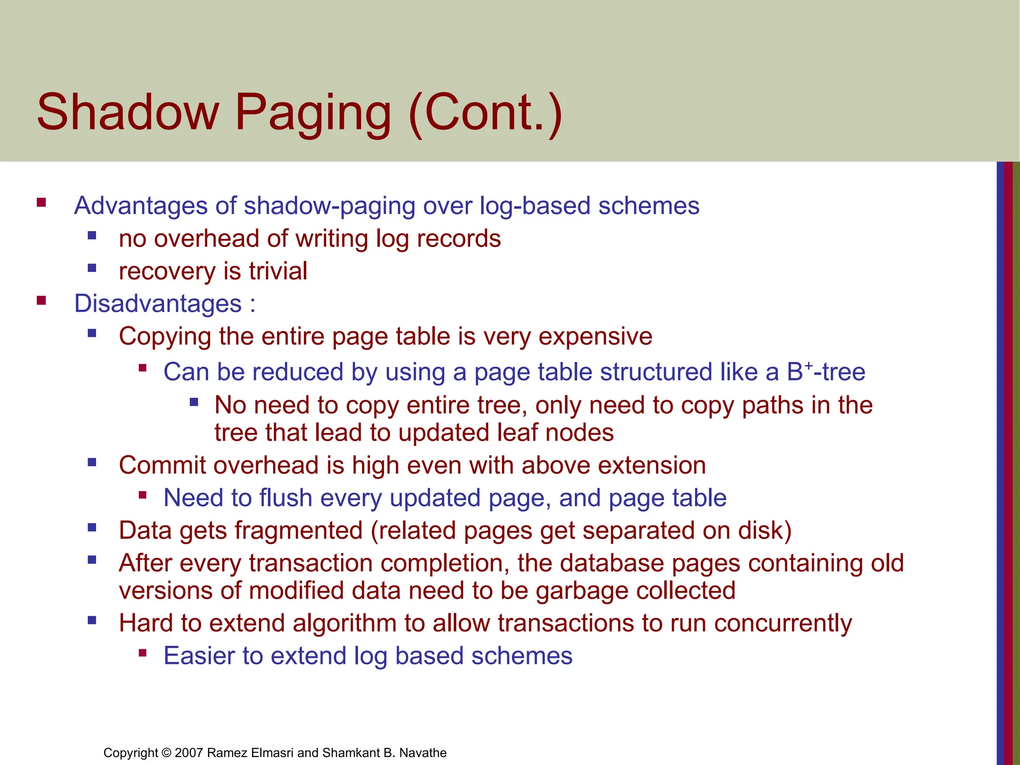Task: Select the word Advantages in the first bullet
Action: (x=140, y=206)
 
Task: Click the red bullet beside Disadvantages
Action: (x=41, y=301)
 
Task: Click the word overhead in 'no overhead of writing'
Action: (x=207, y=239)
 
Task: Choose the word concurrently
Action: (x=782, y=624)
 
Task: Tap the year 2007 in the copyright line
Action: (x=189, y=753)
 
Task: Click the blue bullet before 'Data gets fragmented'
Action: (x=92, y=527)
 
